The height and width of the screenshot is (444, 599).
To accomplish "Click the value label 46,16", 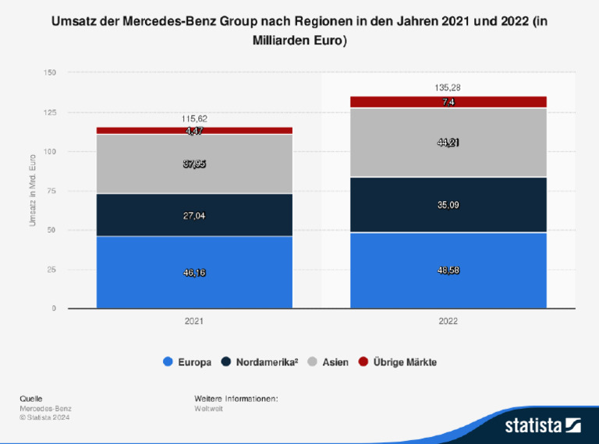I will tap(194, 273).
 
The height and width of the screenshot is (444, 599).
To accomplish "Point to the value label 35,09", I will tap(448, 206).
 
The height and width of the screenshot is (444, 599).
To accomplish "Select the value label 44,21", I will tap(448, 143).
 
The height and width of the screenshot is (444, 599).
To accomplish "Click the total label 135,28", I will tap(448, 88).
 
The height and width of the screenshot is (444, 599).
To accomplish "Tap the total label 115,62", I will tap(194, 119).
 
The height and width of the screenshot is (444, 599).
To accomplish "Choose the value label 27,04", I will tap(194, 215).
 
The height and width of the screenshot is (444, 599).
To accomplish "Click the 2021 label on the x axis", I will tap(194, 321).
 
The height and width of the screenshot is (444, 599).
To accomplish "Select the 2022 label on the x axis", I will tap(448, 321).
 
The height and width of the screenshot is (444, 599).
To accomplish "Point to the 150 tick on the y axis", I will tap(50, 72).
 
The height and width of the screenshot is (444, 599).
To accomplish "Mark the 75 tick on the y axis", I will tap(51, 191).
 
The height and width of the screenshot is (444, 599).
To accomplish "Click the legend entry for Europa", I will tap(186, 362).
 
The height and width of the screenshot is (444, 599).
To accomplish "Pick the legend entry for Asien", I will tap(328, 362).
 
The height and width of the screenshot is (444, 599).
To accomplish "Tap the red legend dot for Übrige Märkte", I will tap(363, 362).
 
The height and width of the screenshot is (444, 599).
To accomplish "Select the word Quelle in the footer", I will tap(31, 399).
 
